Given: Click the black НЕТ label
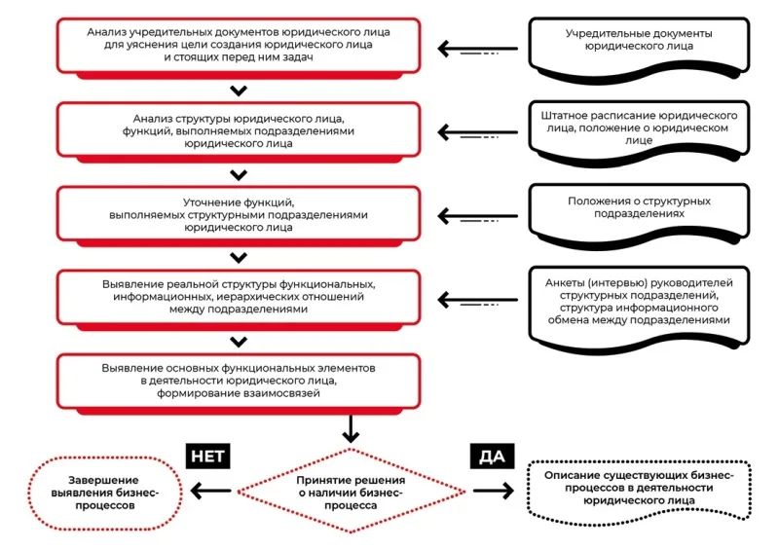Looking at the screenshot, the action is pyautogui.click(x=207, y=457).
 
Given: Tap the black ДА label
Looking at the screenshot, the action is pyautogui.click(x=492, y=457).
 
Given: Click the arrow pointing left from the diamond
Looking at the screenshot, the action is pyautogui.click(x=210, y=492).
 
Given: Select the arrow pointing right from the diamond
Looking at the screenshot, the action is pyautogui.click(x=494, y=491).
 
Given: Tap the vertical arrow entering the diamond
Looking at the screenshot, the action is pyautogui.click(x=351, y=428).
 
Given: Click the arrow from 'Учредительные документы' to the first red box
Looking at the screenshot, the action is pyautogui.click(x=477, y=49).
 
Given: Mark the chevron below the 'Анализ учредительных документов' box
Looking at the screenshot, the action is pyautogui.click(x=239, y=91).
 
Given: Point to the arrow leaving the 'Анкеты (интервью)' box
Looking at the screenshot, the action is pyautogui.click(x=477, y=300).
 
